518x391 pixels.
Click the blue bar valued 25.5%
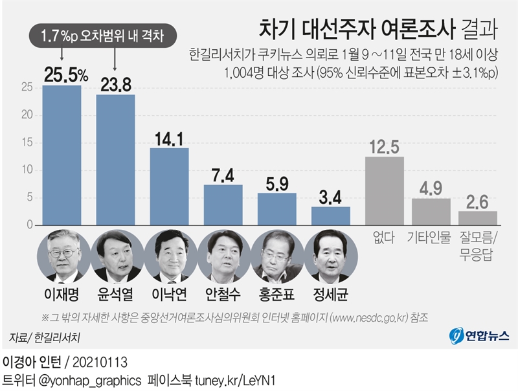pos(62,155)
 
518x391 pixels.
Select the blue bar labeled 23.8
pos(115,160)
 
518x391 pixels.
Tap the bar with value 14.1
pos(170,186)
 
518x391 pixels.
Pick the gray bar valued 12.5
pos(385,191)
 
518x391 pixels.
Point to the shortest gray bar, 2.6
pos(478,218)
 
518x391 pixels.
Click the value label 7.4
pos(223,174)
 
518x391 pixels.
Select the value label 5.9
pos(276,183)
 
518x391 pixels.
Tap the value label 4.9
pos(431,188)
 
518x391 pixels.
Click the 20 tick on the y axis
pos(27,115)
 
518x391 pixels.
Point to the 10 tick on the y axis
pos(27,170)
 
